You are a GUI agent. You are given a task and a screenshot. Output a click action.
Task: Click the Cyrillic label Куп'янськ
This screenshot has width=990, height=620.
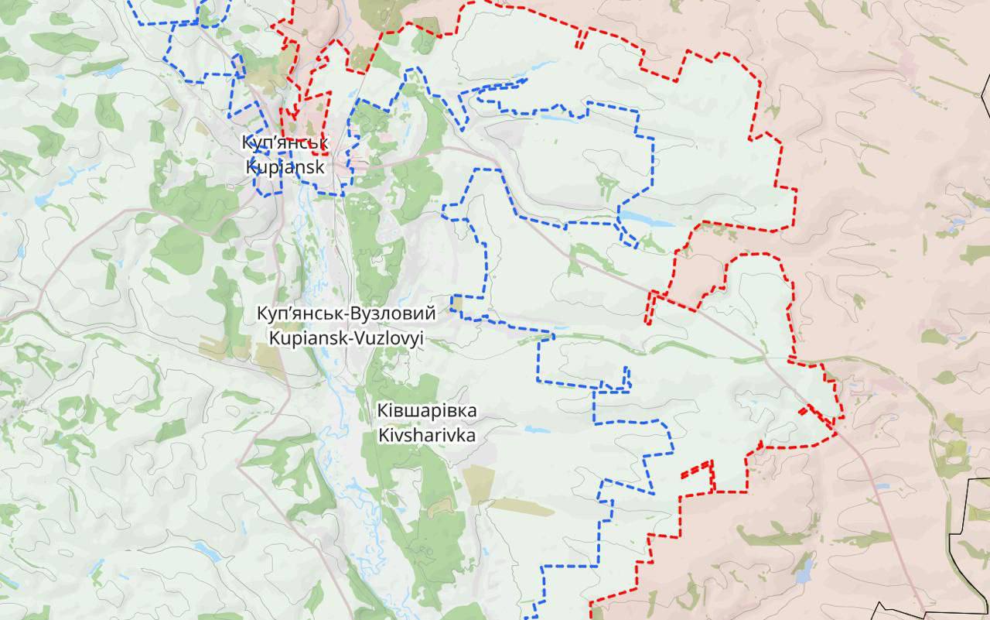coord(285,143)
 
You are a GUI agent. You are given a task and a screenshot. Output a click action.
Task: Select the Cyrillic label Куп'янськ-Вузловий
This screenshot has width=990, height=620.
coord(346,314)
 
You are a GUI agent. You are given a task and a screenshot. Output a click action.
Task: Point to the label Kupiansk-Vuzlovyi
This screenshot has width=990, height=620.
coord(346,337)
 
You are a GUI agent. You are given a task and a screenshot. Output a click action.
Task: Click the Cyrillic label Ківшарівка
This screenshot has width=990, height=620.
coord(426,411)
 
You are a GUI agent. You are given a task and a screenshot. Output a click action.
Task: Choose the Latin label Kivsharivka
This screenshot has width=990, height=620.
coord(426,435)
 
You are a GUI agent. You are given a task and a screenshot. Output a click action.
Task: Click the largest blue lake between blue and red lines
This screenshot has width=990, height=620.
coord(647,220)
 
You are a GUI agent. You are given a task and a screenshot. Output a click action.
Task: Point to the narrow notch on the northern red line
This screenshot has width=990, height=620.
coord(580,39)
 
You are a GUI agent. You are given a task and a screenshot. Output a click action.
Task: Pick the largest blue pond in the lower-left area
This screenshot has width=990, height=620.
coord(206,551)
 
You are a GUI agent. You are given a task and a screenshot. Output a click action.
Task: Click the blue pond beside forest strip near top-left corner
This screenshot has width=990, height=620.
coord(109,70)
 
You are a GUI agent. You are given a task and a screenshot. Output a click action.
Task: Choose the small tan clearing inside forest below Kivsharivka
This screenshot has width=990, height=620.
coord(442,507)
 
